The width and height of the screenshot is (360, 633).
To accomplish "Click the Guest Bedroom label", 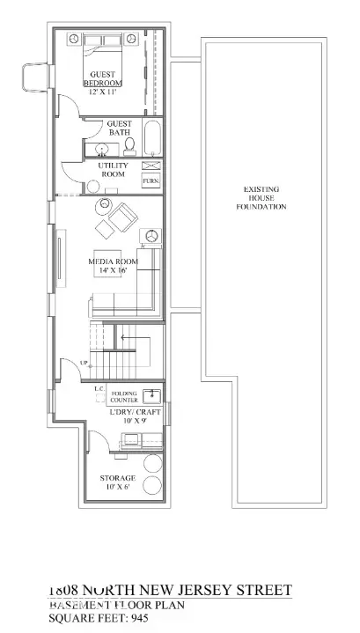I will (x=102, y=79).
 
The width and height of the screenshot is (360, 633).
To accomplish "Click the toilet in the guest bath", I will (x=129, y=144).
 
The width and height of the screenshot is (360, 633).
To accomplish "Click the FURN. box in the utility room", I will (x=151, y=181).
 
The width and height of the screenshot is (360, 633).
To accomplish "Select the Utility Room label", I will (x=113, y=170).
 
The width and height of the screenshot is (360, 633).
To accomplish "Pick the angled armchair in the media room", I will (x=125, y=215).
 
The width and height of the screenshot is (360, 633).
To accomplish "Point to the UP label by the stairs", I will (x=84, y=363).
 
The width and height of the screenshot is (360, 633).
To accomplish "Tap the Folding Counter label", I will (x=123, y=397).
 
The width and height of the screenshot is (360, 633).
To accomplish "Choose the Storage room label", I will (x=116, y=477).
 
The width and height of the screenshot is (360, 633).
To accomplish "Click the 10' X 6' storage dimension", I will (x=116, y=487).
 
